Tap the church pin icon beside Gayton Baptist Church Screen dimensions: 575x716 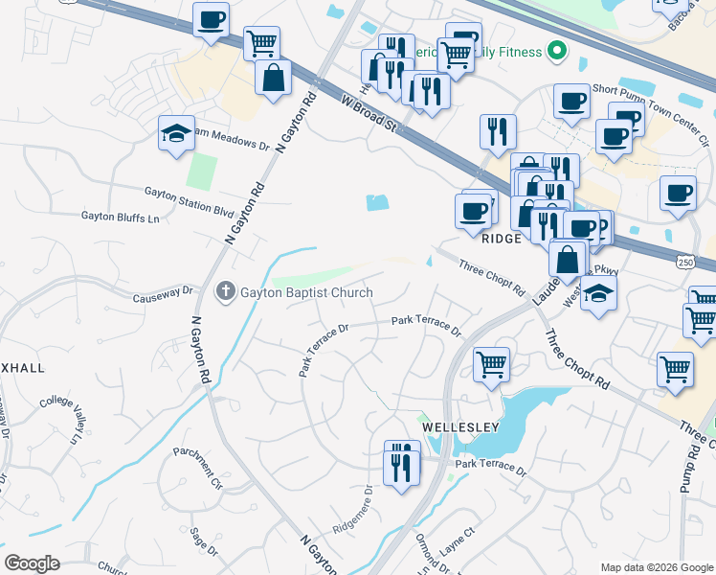click(226, 291)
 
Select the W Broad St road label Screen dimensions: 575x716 click(369, 113)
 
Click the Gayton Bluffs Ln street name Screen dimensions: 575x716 click(120, 218)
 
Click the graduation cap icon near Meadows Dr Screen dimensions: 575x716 click(177, 134)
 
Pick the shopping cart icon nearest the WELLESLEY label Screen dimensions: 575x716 click(491, 364)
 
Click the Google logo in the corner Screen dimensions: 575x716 click(33, 563)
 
